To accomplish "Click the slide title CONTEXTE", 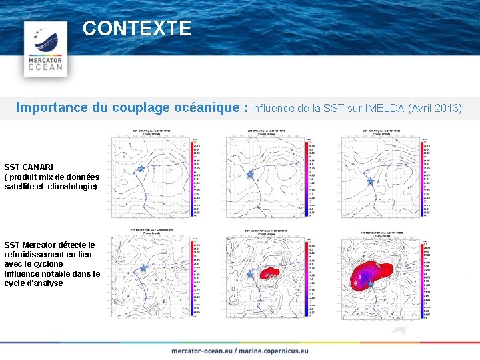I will click(137, 29).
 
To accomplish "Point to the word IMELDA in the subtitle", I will click(386, 108).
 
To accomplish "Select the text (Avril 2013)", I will click(436, 108).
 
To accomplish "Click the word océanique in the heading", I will click(212, 107).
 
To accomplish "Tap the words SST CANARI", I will click(29, 167).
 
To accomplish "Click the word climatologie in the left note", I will click(73, 187).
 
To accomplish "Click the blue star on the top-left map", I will click(141, 169).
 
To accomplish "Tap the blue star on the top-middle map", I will click(250, 175).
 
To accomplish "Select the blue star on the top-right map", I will click(371, 181).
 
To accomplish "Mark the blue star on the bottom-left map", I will click(143, 269).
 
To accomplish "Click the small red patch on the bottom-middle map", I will click(269, 273).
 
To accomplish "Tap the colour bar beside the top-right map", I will click(419, 178).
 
